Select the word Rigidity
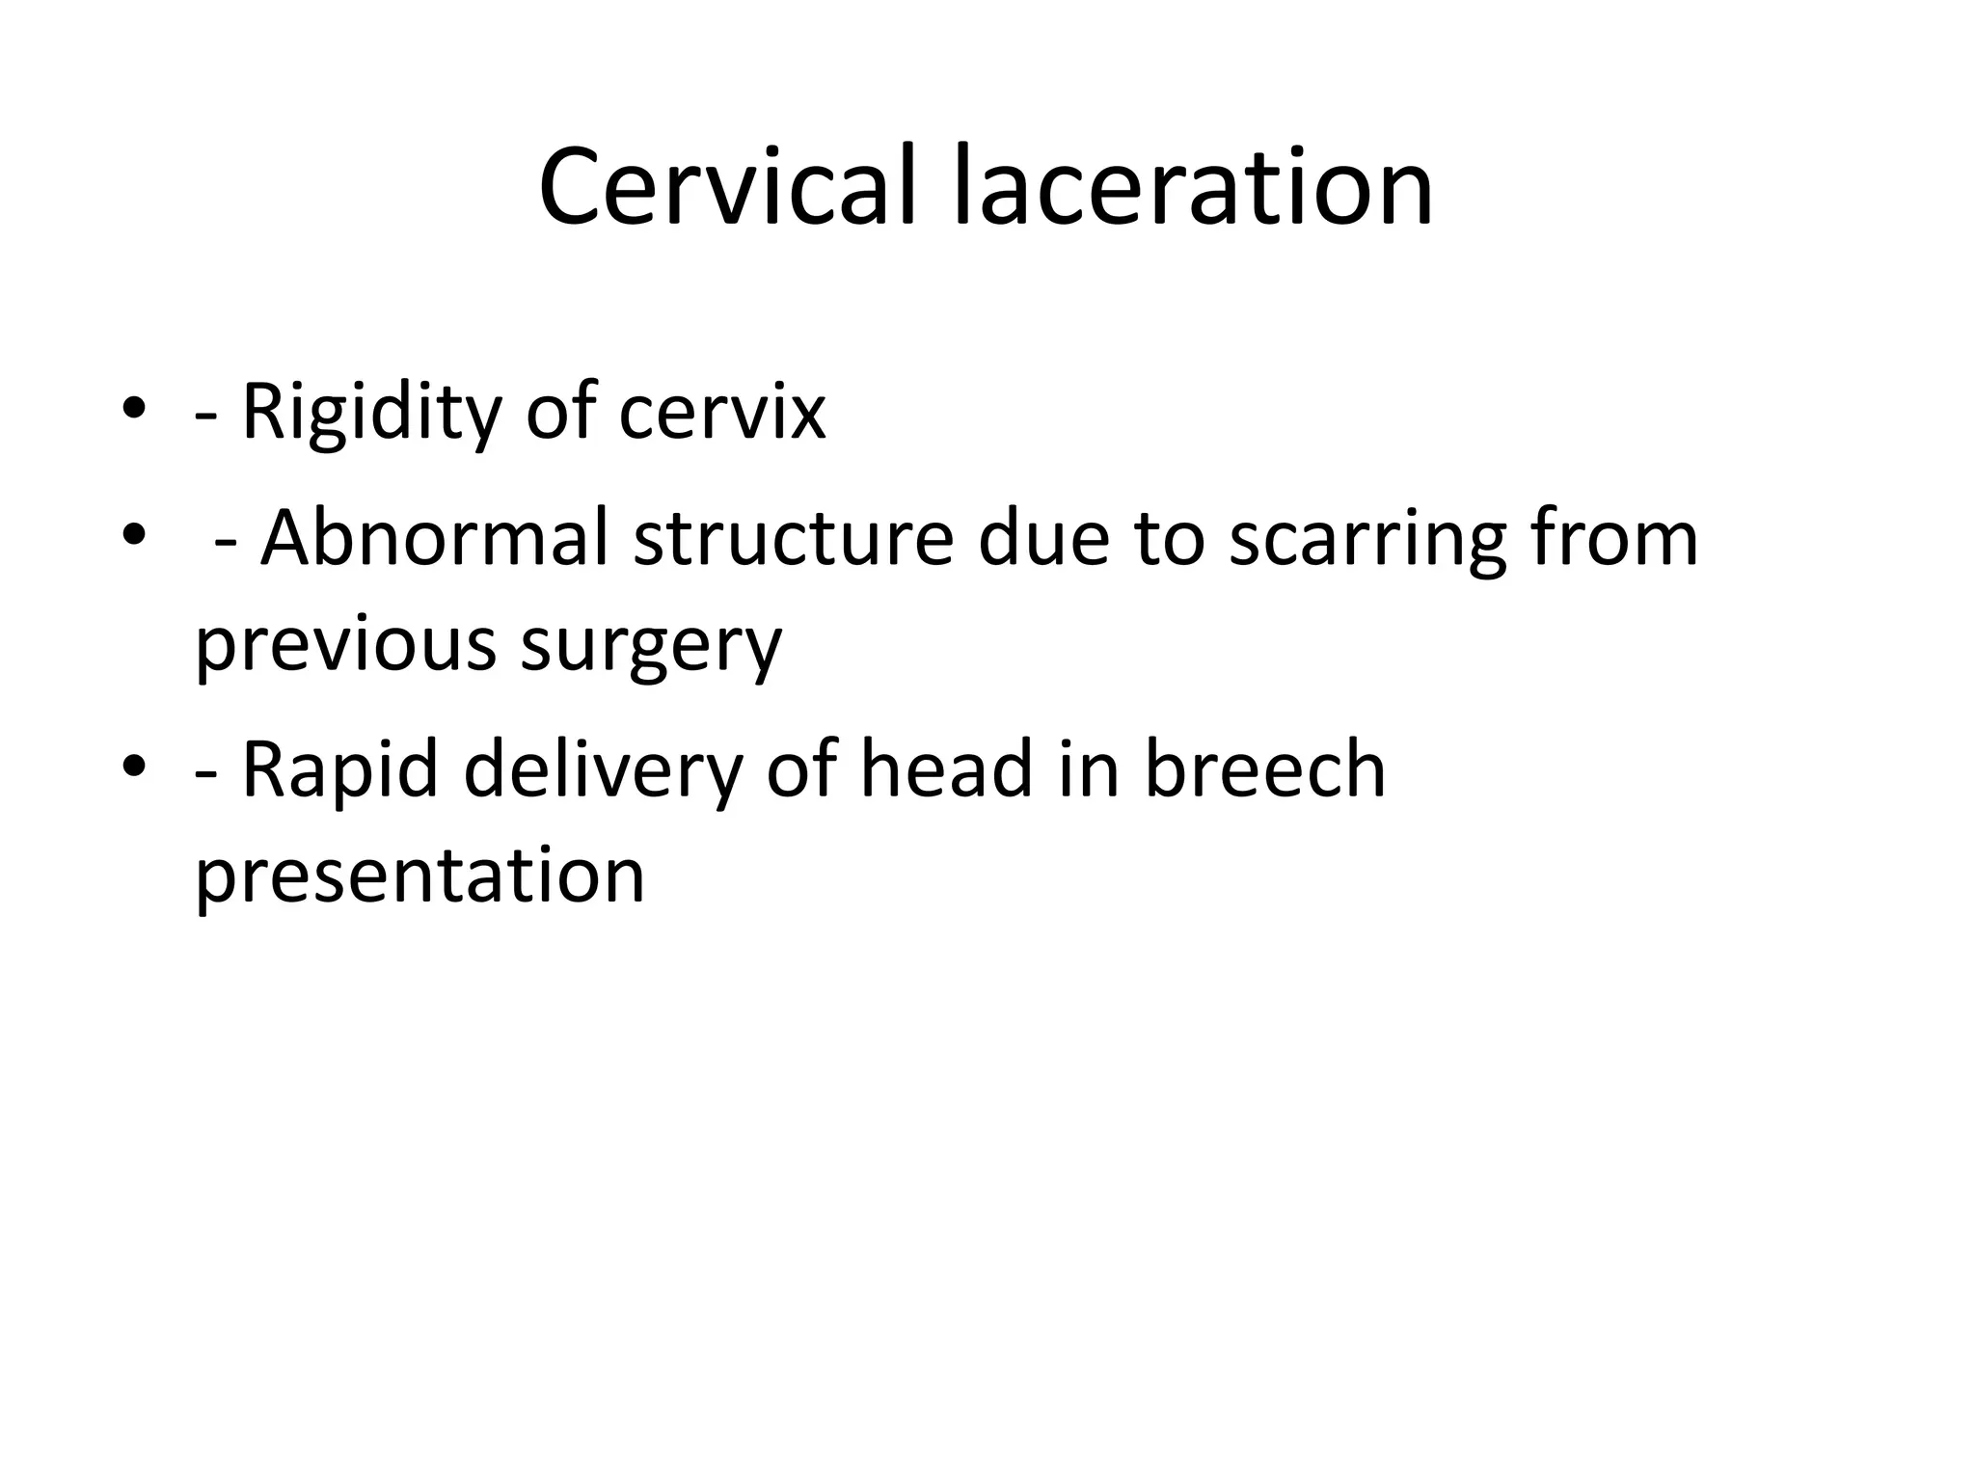tap(371, 413)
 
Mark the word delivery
tap(604, 769)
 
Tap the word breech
tap(1264, 769)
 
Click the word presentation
tap(419, 875)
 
